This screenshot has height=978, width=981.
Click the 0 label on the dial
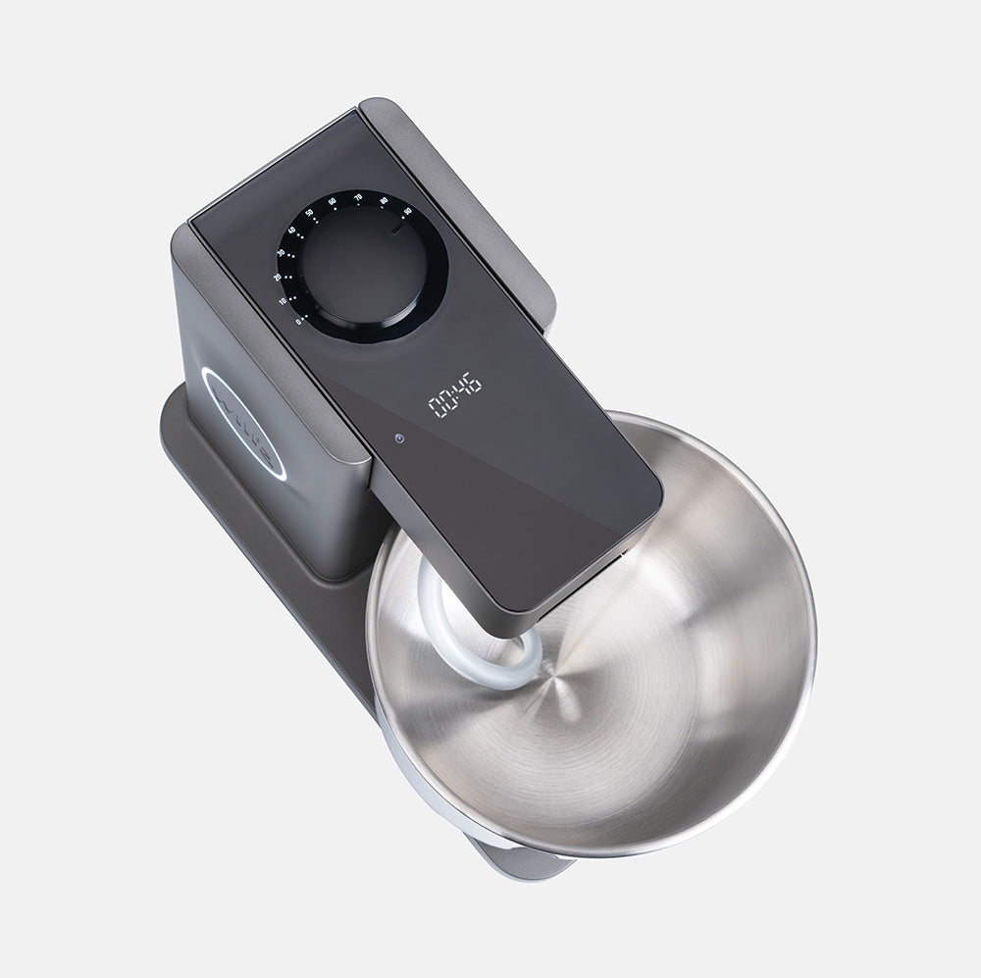click(298, 322)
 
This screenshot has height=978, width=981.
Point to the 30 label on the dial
click(282, 252)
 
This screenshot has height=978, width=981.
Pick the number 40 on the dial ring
click(292, 230)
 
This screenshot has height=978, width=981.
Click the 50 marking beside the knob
click(309, 212)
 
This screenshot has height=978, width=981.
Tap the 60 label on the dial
click(332, 201)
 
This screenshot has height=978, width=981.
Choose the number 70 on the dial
click(357, 197)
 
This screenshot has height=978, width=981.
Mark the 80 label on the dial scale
click(384, 201)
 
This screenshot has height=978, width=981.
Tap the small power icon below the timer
click(399, 437)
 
